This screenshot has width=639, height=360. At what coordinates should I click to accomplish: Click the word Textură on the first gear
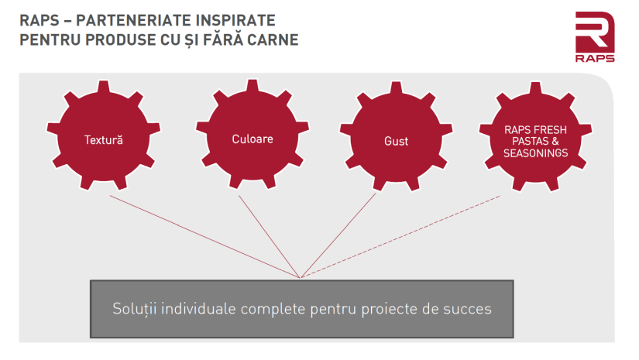104,140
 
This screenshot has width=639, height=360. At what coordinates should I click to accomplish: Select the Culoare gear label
253,139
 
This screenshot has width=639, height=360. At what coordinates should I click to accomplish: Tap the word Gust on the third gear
396,142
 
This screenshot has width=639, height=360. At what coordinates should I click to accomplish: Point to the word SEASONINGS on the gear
535,153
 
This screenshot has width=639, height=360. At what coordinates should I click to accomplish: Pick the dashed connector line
401,237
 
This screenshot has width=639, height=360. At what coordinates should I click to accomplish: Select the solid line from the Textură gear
205,237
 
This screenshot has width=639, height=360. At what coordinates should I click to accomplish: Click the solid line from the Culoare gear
270,237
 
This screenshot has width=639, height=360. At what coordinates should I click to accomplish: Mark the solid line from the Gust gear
338,235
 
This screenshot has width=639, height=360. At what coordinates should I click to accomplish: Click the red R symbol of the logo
595,32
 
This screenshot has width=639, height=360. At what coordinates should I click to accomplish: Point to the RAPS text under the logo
595,58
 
